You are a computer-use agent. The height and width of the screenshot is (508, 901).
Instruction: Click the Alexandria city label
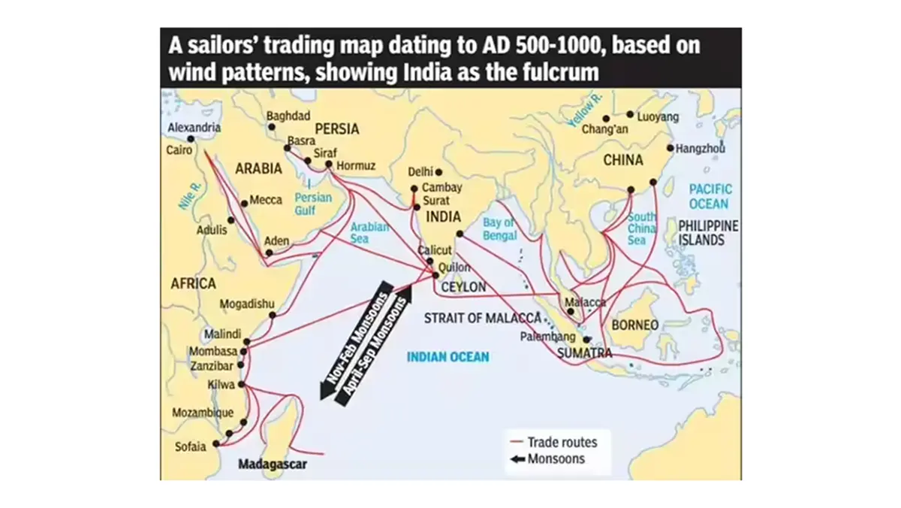194,128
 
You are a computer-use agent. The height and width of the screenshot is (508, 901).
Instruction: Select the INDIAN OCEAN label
447,357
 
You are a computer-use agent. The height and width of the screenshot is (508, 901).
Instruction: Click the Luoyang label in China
658,116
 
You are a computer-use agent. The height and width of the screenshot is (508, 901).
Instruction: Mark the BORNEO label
635,325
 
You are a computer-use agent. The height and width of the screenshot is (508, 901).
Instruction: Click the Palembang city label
547,337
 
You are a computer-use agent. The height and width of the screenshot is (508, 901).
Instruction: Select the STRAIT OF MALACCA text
483,318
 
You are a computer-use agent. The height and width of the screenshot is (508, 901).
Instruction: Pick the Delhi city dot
438,172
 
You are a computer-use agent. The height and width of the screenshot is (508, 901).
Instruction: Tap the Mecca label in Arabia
266,201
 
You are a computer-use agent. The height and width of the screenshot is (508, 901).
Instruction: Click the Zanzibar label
212,367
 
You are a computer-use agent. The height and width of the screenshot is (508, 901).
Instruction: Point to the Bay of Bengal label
500,229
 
